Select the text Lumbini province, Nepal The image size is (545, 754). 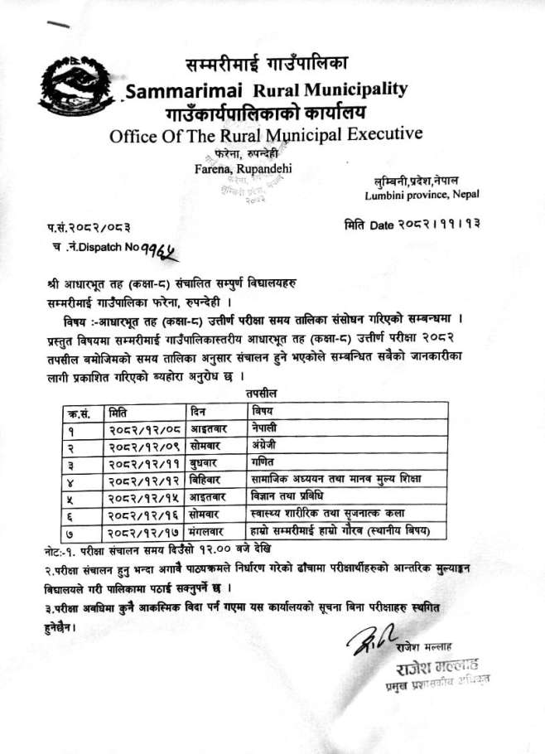[x=422, y=195]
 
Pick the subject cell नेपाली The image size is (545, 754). [x=265, y=429]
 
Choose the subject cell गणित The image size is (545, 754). [x=262, y=462]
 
